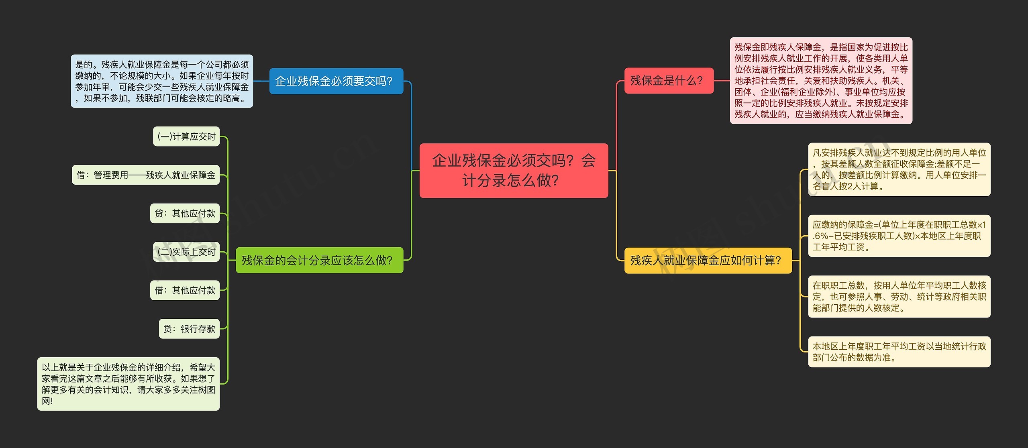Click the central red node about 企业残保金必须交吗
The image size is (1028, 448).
coord(514,170)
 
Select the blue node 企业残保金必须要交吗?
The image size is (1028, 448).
coord(336,81)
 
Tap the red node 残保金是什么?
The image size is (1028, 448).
coord(669,81)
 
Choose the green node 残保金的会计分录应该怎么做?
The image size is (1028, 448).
coord(319,261)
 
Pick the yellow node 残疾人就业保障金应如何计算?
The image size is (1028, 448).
coord(708,261)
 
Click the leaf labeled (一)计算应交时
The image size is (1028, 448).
coord(186,136)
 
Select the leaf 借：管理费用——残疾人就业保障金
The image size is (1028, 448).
coord(146,175)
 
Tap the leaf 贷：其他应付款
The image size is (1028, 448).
coord(185,214)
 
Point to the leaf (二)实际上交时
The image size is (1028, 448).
coord(186,252)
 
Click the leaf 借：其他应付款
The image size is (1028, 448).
coord(185,290)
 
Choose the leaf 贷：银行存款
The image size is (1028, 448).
coord(189,329)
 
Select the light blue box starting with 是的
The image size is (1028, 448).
coord(162,81)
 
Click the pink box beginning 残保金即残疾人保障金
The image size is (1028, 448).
coord(821,81)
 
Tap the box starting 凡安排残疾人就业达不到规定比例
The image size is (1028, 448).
coord(899,169)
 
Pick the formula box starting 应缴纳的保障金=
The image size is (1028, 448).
coord(899,236)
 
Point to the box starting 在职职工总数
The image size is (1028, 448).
coord(899,297)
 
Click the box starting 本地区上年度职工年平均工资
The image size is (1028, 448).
coord(899,352)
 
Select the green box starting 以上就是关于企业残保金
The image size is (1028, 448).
coord(128,384)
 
